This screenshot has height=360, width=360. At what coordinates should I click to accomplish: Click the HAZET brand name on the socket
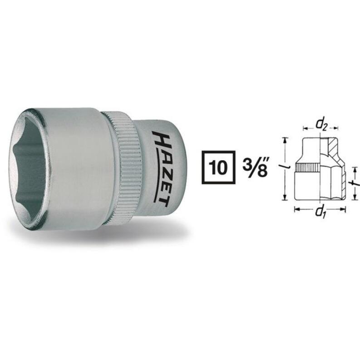[x=159, y=166]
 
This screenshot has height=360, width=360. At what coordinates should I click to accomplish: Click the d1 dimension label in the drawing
[x=321, y=211]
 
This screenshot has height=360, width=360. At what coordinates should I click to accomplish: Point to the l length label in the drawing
[x=281, y=169]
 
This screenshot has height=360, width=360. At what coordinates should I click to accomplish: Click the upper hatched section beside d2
[x=333, y=148]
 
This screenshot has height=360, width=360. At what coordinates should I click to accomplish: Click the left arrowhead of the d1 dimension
[x=296, y=209]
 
